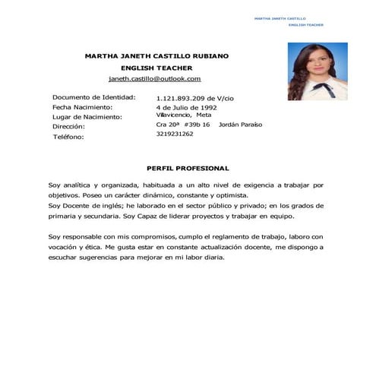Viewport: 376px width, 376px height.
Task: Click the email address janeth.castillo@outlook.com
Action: [x=154, y=78]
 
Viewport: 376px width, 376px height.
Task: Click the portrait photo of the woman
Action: [x=317, y=71]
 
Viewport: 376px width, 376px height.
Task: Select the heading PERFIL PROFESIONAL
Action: [x=187, y=168]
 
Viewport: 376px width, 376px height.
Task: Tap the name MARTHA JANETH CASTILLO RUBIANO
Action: [x=156, y=55]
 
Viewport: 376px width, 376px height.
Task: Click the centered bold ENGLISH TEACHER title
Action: [x=155, y=67]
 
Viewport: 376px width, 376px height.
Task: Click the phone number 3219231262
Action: [x=175, y=134]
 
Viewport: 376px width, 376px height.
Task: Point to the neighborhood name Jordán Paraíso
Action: [x=240, y=124]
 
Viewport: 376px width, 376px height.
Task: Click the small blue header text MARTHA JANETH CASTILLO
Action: [x=280, y=17]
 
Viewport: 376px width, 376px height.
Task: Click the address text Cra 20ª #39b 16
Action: [x=183, y=124]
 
